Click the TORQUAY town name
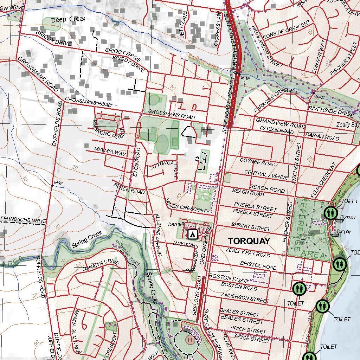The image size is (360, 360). (x=249, y=241)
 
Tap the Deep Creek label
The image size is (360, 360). (x=68, y=20)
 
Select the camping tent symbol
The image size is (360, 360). (x=192, y=234)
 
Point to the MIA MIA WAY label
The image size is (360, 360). (x=110, y=152)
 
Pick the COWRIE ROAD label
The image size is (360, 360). (x=257, y=162)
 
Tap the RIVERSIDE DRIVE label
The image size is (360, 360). (x=331, y=111)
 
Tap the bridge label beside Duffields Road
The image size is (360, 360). (x=58, y=183)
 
